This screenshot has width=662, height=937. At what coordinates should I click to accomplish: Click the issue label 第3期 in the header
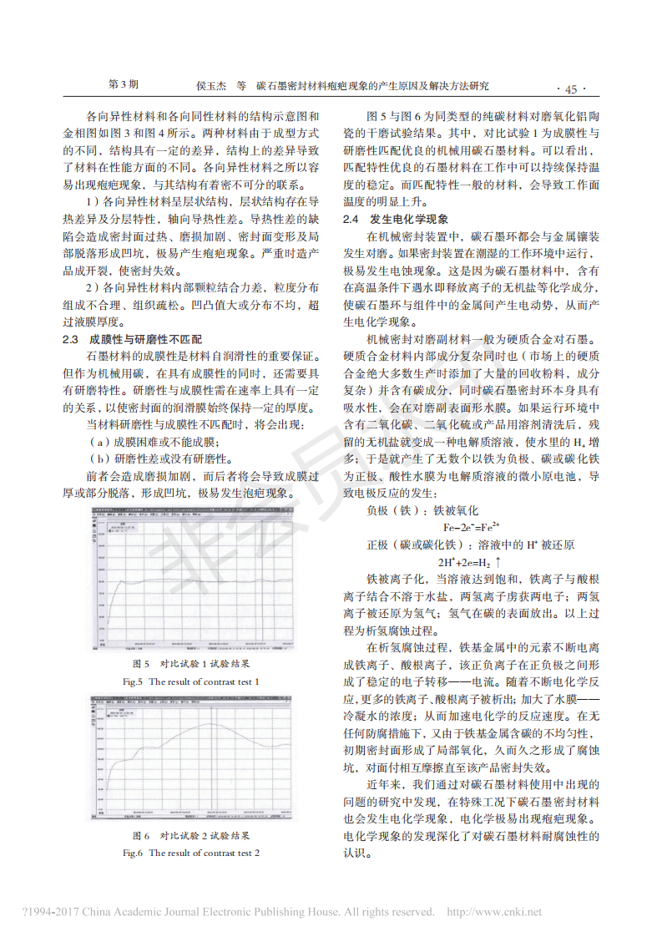point(124,85)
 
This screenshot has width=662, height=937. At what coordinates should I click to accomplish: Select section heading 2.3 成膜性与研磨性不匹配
point(133,339)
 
